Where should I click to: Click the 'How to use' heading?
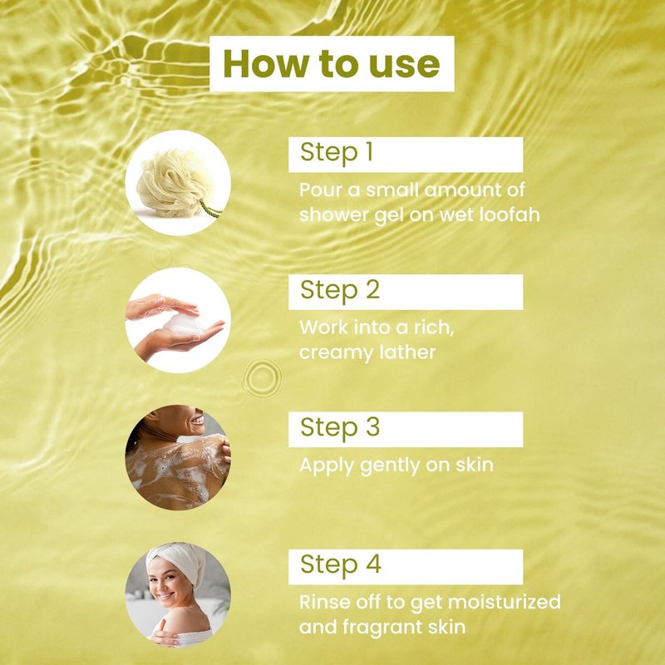331,64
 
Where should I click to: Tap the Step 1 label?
337,152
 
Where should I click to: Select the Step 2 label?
340,290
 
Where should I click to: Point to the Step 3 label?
340,427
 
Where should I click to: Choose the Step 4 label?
341,564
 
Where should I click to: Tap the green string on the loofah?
210,209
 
